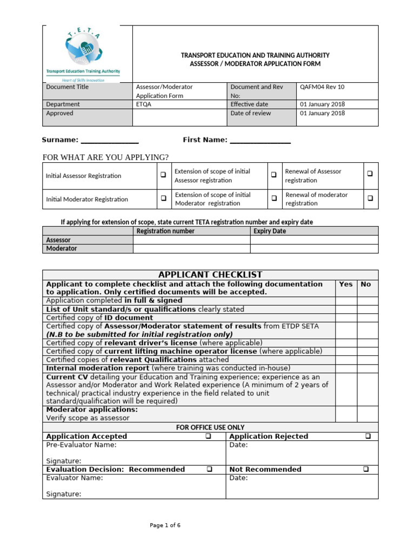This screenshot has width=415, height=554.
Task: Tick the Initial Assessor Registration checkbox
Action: (163, 175)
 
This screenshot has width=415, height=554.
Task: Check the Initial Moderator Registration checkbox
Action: (163, 199)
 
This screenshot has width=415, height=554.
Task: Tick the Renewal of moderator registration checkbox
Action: (370, 198)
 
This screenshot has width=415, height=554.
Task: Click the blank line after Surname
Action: (110, 141)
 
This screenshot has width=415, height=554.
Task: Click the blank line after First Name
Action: (260, 141)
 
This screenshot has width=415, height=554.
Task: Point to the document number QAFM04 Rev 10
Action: (322, 87)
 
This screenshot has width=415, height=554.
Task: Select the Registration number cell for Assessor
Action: (191, 240)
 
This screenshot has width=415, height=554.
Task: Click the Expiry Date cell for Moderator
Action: (314, 248)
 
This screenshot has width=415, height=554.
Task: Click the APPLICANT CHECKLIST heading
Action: (210, 275)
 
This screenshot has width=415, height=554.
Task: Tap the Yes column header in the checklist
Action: (345, 284)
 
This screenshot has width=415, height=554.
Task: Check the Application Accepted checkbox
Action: (208, 436)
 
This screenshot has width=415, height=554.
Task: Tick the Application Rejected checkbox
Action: (368, 436)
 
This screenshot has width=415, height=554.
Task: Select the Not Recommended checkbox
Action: (367, 469)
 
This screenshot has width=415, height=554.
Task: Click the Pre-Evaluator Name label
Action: (81, 445)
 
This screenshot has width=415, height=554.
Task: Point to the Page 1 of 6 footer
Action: (165, 525)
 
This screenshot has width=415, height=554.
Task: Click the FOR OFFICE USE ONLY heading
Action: (210, 427)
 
